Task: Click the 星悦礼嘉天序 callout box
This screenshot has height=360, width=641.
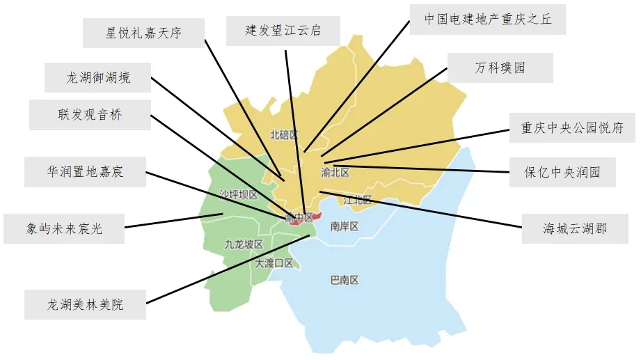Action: (144, 33)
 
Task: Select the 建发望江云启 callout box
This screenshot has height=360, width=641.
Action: (283, 31)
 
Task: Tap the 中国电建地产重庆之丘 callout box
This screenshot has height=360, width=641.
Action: (488, 19)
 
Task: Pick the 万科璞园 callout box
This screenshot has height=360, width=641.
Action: (500, 68)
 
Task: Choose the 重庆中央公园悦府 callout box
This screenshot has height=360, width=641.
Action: (571, 128)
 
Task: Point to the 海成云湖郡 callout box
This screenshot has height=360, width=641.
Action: (574, 228)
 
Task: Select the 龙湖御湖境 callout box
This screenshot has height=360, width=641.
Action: (98, 77)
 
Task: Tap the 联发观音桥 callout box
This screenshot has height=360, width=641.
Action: (90, 115)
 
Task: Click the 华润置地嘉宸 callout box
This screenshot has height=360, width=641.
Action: (86, 171)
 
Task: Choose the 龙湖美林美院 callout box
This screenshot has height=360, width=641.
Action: (86, 304)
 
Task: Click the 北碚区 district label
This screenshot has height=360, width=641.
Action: (283, 134)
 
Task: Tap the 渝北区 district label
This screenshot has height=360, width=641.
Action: (335, 171)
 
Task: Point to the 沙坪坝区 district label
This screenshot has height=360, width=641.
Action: (238, 194)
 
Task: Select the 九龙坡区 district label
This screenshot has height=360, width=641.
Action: (244, 244)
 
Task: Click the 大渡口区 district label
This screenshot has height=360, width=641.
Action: (274, 263)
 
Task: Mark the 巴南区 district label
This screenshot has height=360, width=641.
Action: (344, 281)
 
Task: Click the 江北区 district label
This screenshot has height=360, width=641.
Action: (358, 200)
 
